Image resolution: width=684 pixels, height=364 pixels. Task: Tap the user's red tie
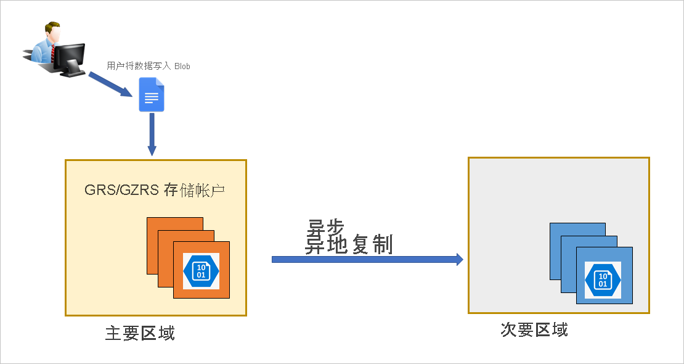[53, 52]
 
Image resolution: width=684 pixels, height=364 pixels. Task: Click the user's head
[52, 31]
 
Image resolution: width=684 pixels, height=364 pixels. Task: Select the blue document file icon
[152, 94]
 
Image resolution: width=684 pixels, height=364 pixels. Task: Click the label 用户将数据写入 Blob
[149, 67]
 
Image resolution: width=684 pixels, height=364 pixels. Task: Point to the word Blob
[182, 67]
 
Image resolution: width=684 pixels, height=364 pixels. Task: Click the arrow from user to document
[110, 84]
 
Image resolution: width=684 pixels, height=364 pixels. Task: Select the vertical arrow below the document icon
[152, 134]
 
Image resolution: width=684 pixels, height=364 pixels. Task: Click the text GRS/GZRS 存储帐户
[155, 191]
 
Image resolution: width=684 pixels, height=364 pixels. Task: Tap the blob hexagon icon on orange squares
[201, 271]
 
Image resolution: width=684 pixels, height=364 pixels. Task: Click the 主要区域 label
[140, 333]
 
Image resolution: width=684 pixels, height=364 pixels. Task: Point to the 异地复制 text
[349, 245]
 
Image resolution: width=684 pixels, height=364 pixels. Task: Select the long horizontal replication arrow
[367, 259]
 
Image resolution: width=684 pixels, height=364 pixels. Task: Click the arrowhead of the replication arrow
[460, 259]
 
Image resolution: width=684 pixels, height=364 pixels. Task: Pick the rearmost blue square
[577, 230]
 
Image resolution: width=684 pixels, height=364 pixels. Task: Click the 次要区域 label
[534, 330]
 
